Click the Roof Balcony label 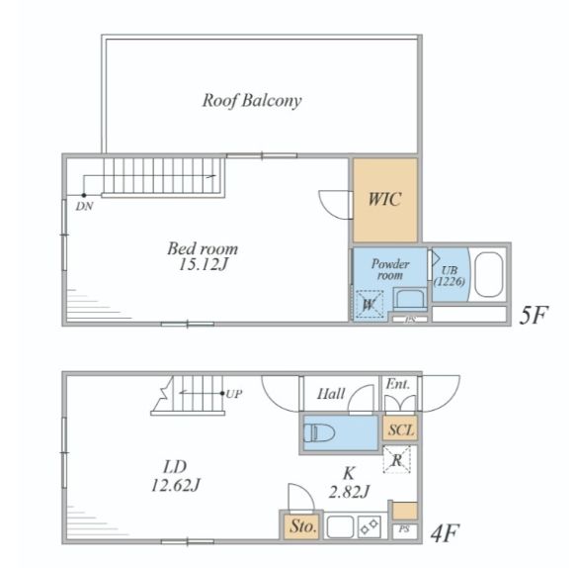(252, 101)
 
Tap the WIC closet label (384, 199)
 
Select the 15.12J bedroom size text (204, 264)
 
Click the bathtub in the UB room (489, 274)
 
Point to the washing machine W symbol (370, 305)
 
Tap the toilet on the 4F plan (319, 432)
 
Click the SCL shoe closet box (400, 428)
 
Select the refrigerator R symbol (397, 459)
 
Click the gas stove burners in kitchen (370, 526)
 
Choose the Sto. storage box (301, 526)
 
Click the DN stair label (84, 207)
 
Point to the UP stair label (234, 394)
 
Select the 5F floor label (534, 315)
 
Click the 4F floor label (446, 533)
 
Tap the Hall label (331, 394)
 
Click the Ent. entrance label (398, 384)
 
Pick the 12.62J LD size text (176, 485)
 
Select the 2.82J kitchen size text (349, 492)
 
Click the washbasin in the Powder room (410, 298)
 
